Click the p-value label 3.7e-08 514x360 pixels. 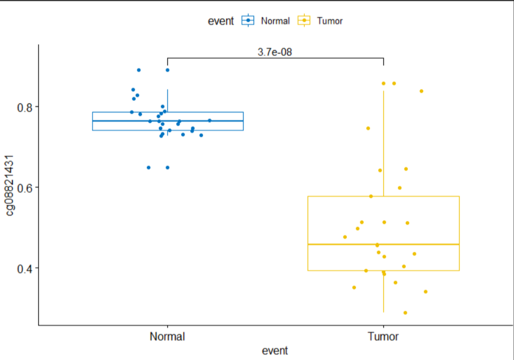coord(275,52)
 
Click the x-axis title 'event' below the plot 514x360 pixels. coord(275,350)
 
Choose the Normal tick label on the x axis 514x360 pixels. coord(167,337)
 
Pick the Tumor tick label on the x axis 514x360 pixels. coord(383,337)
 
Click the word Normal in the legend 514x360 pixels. coord(276,21)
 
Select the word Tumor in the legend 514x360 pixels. coord(330,21)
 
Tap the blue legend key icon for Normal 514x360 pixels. coord(248,21)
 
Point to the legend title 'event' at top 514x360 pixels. coord(221,21)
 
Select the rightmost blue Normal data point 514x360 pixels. coord(210,121)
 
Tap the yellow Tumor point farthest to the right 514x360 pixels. coord(426,292)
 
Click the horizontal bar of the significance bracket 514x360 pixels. coord(275,58)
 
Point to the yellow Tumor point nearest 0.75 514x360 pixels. coord(368,128)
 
